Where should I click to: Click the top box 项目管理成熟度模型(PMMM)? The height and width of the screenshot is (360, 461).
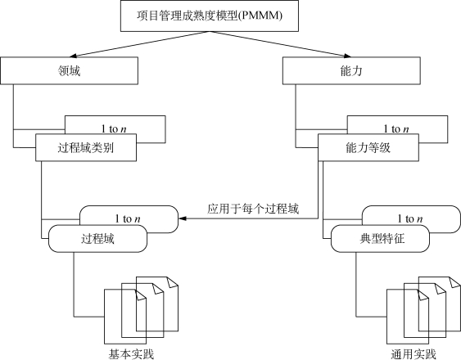click(x=210, y=16)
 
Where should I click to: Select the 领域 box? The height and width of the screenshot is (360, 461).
click(x=69, y=71)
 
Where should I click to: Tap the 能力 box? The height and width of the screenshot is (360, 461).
click(x=351, y=71)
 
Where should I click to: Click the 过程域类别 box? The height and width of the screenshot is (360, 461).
click(x=86, y=147)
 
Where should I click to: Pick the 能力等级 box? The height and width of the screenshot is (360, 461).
click(x=368, y=147)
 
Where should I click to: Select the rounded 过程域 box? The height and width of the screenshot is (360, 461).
click(x=97, y=239)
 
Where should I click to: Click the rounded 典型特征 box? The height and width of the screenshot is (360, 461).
click(x=380, y=239)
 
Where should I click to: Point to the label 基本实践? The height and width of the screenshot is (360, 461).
click(x=131, y=354)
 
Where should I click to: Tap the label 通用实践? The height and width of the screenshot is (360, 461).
click(x=414, y=354)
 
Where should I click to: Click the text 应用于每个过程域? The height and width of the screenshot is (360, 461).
click(x=253, y=209)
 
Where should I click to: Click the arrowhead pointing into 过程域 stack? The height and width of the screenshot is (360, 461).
click(x=183, y=218)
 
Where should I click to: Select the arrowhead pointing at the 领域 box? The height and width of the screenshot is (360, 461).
click(x=72, y=56)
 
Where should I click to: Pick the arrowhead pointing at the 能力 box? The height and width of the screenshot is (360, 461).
click(x=347, y=56)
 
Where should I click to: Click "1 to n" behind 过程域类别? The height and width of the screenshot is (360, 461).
click(x=114, y=128)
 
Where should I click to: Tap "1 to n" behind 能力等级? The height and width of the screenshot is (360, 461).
click(x=396, y=128)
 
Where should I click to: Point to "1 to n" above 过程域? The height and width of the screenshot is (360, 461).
click(x=128, y=218)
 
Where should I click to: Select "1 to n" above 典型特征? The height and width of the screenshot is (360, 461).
click(x=410, y=218)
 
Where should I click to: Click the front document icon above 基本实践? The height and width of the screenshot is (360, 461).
click(x=125, y=317)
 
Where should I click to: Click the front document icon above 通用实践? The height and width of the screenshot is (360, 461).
click(x=408, y=317)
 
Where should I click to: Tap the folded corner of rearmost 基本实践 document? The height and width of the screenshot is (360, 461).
click(x=173, y=281)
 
